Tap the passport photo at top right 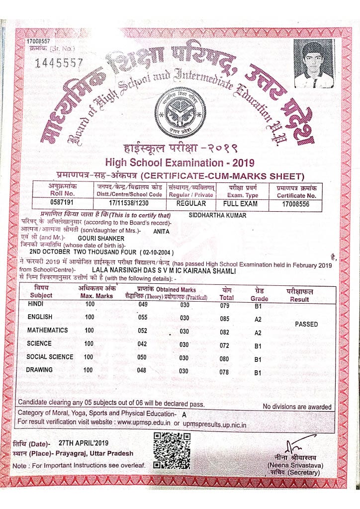(313, 64)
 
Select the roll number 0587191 (62, 203)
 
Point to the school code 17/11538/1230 (128, 203)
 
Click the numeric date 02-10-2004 (158, 253)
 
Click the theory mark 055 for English (143, 317)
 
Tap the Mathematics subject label (48, 330)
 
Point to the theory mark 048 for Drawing (142, 370)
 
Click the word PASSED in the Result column (306, 324)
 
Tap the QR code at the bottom (172, 450)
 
